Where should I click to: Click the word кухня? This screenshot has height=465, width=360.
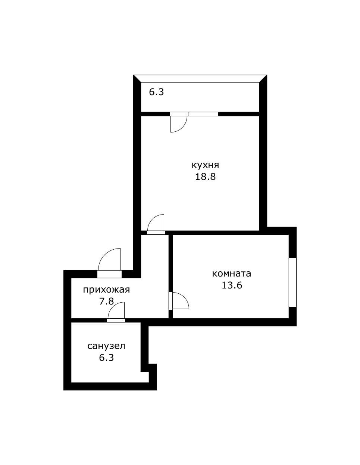coord(205,165)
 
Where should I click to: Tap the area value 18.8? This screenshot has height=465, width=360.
coord(205,177)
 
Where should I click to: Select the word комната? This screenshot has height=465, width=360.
coord(231,274)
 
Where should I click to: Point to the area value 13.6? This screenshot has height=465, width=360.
coord(232,285)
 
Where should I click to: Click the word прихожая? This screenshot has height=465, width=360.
coord(106,290)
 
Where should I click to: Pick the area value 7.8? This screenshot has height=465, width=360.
coord(106,301)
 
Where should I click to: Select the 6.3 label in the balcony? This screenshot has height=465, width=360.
coord(156,92)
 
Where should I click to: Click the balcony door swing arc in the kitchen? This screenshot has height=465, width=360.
coord(182,128)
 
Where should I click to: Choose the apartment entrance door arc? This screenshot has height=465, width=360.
coord(104,254)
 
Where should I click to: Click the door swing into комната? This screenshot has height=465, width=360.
coord(184,298)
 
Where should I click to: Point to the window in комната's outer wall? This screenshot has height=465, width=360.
coord(292,282)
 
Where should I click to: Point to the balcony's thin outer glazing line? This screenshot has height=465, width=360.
coord(200,75)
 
